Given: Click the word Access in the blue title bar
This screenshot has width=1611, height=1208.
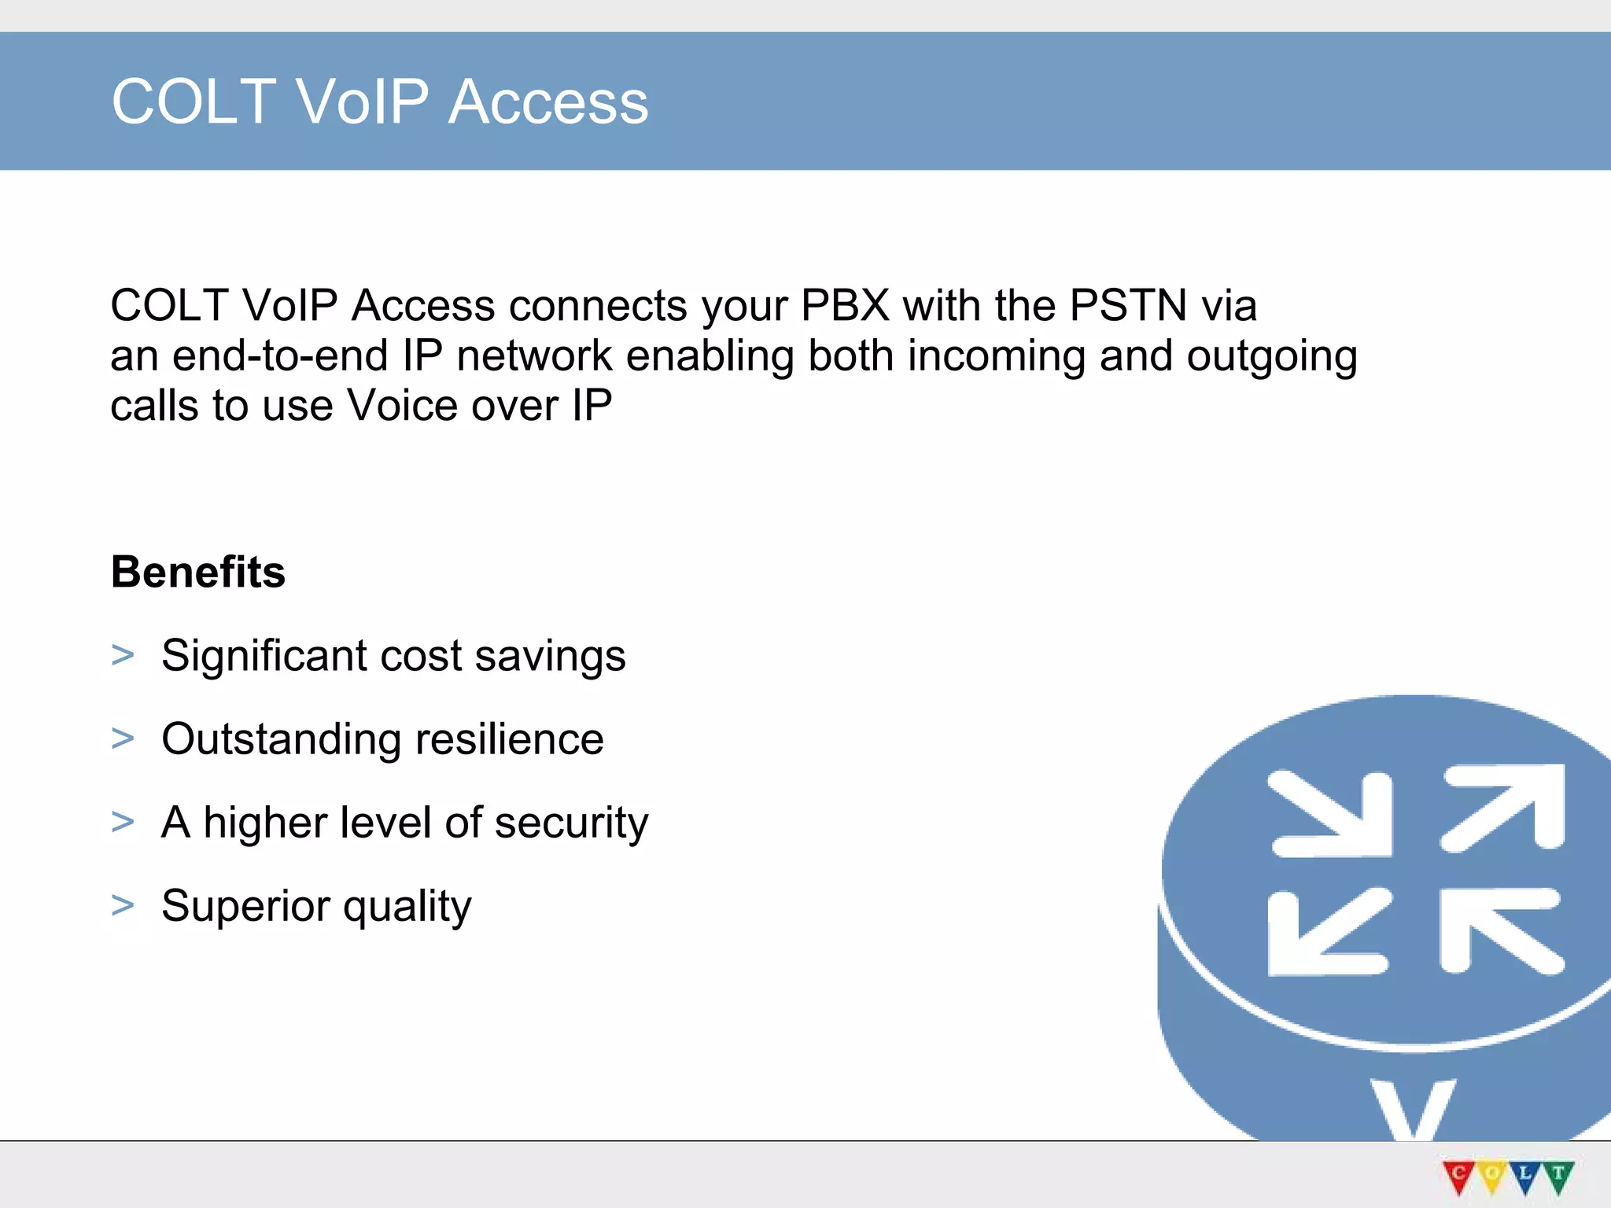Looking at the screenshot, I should [x=548, y=102].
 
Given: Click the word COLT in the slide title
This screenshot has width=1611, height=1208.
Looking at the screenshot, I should [x=194, y=102].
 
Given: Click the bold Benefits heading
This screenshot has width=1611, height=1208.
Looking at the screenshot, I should [x=198, y=572].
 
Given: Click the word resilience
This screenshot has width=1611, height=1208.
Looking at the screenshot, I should [x=509, y=739].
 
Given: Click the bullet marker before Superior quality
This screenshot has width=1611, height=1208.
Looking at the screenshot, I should [x=123, y=905].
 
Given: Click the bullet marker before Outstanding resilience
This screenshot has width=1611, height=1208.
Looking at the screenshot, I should [x=123, y=738].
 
